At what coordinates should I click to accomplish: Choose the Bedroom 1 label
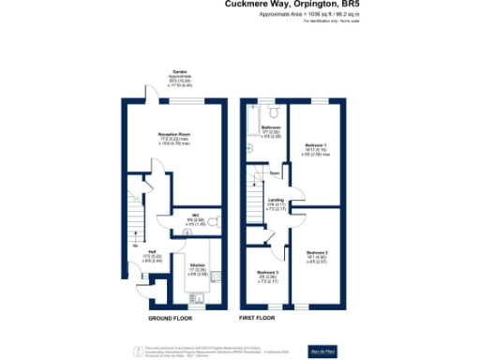click(x=315, y=143)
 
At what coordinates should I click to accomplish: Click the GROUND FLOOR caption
click(x=171, y=319)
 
